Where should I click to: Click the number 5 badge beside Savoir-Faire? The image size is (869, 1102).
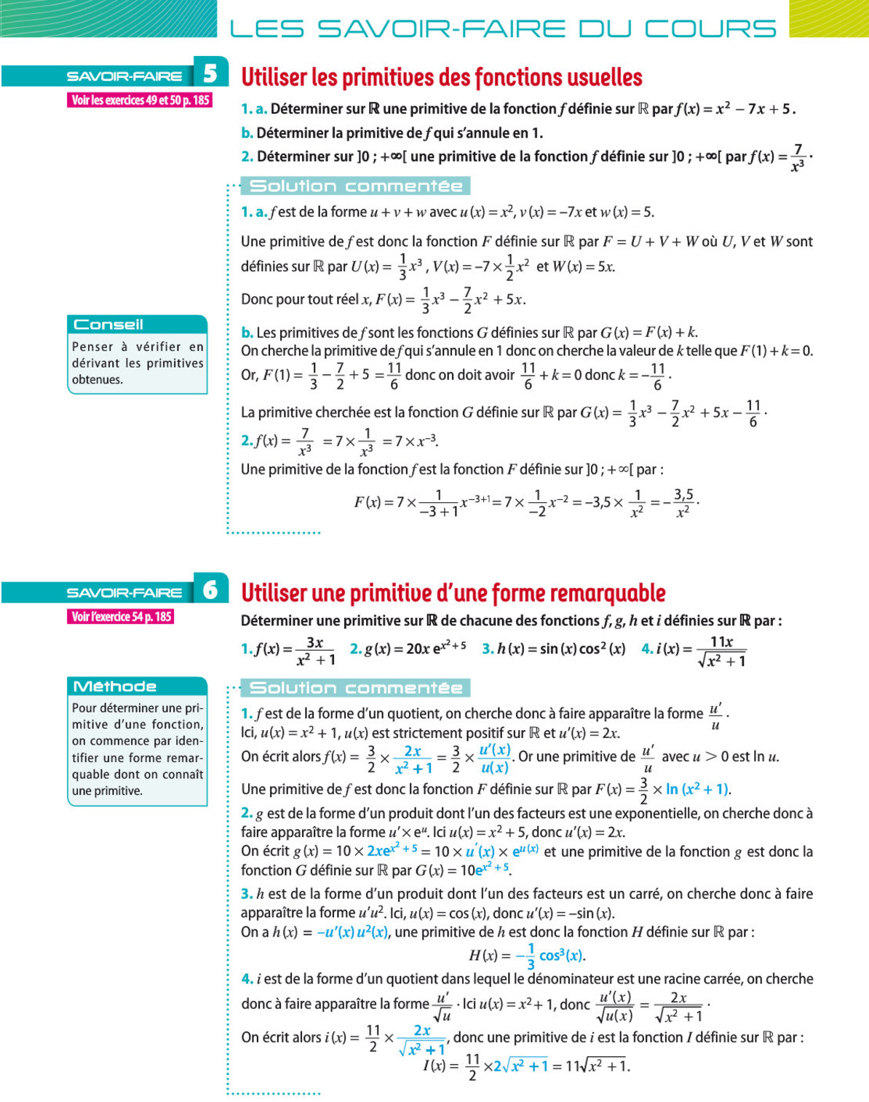pyautogui.click(x=210, y=74)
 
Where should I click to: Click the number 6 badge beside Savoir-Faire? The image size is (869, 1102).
pyautogui.click(x=210, y=590)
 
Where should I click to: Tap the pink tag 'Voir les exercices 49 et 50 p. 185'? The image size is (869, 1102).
pyautogui.click(x=140, y=100)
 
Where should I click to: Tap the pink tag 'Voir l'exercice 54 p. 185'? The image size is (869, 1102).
pyautogui.click(x=122, y=617)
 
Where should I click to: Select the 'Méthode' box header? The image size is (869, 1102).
pyautogui.click(x=115, y=686)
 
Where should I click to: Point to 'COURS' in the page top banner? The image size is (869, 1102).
pyautogui.click(x=710, y=29)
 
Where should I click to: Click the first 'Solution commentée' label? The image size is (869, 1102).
pyautogui.click(x=356, y=186)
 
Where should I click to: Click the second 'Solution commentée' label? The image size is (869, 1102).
pyautogui.click(x=356, y=688)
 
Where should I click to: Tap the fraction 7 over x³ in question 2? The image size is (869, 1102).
pyautogui.click(x=798, y=157)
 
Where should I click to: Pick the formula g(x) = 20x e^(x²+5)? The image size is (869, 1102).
pyautogui.click(x=408, y=649)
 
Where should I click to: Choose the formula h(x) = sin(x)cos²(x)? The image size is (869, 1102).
pyautogui.click(x=560, y=649)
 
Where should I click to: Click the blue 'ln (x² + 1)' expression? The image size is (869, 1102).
pyautogui.click(x=697, y=789)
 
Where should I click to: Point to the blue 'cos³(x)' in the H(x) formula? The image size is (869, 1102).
pyautogui.click(x=561, y=956)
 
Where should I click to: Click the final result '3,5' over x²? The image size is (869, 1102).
pyautogui.click(x=683, y=502)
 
